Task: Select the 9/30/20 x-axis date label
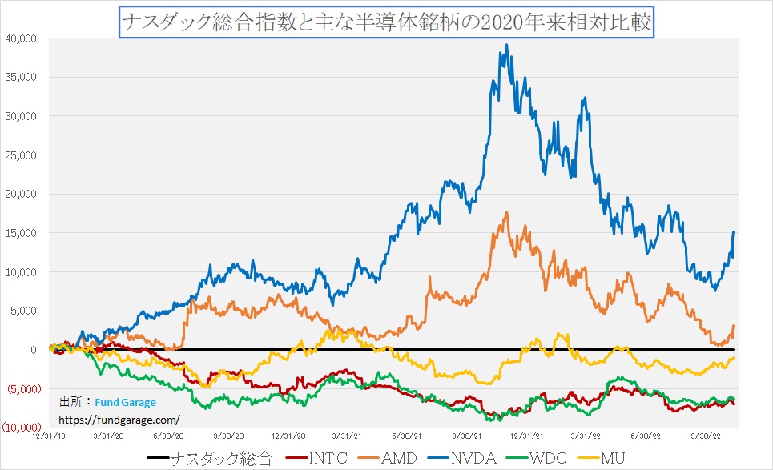pyautogui.click(x=228, y=436)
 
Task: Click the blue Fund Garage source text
pyautogui.click(x=125, y=403)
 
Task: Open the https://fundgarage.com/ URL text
pyautogui.click(x=119, y=419)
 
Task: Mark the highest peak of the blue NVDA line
pyautogui.click(x=507, y=45)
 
